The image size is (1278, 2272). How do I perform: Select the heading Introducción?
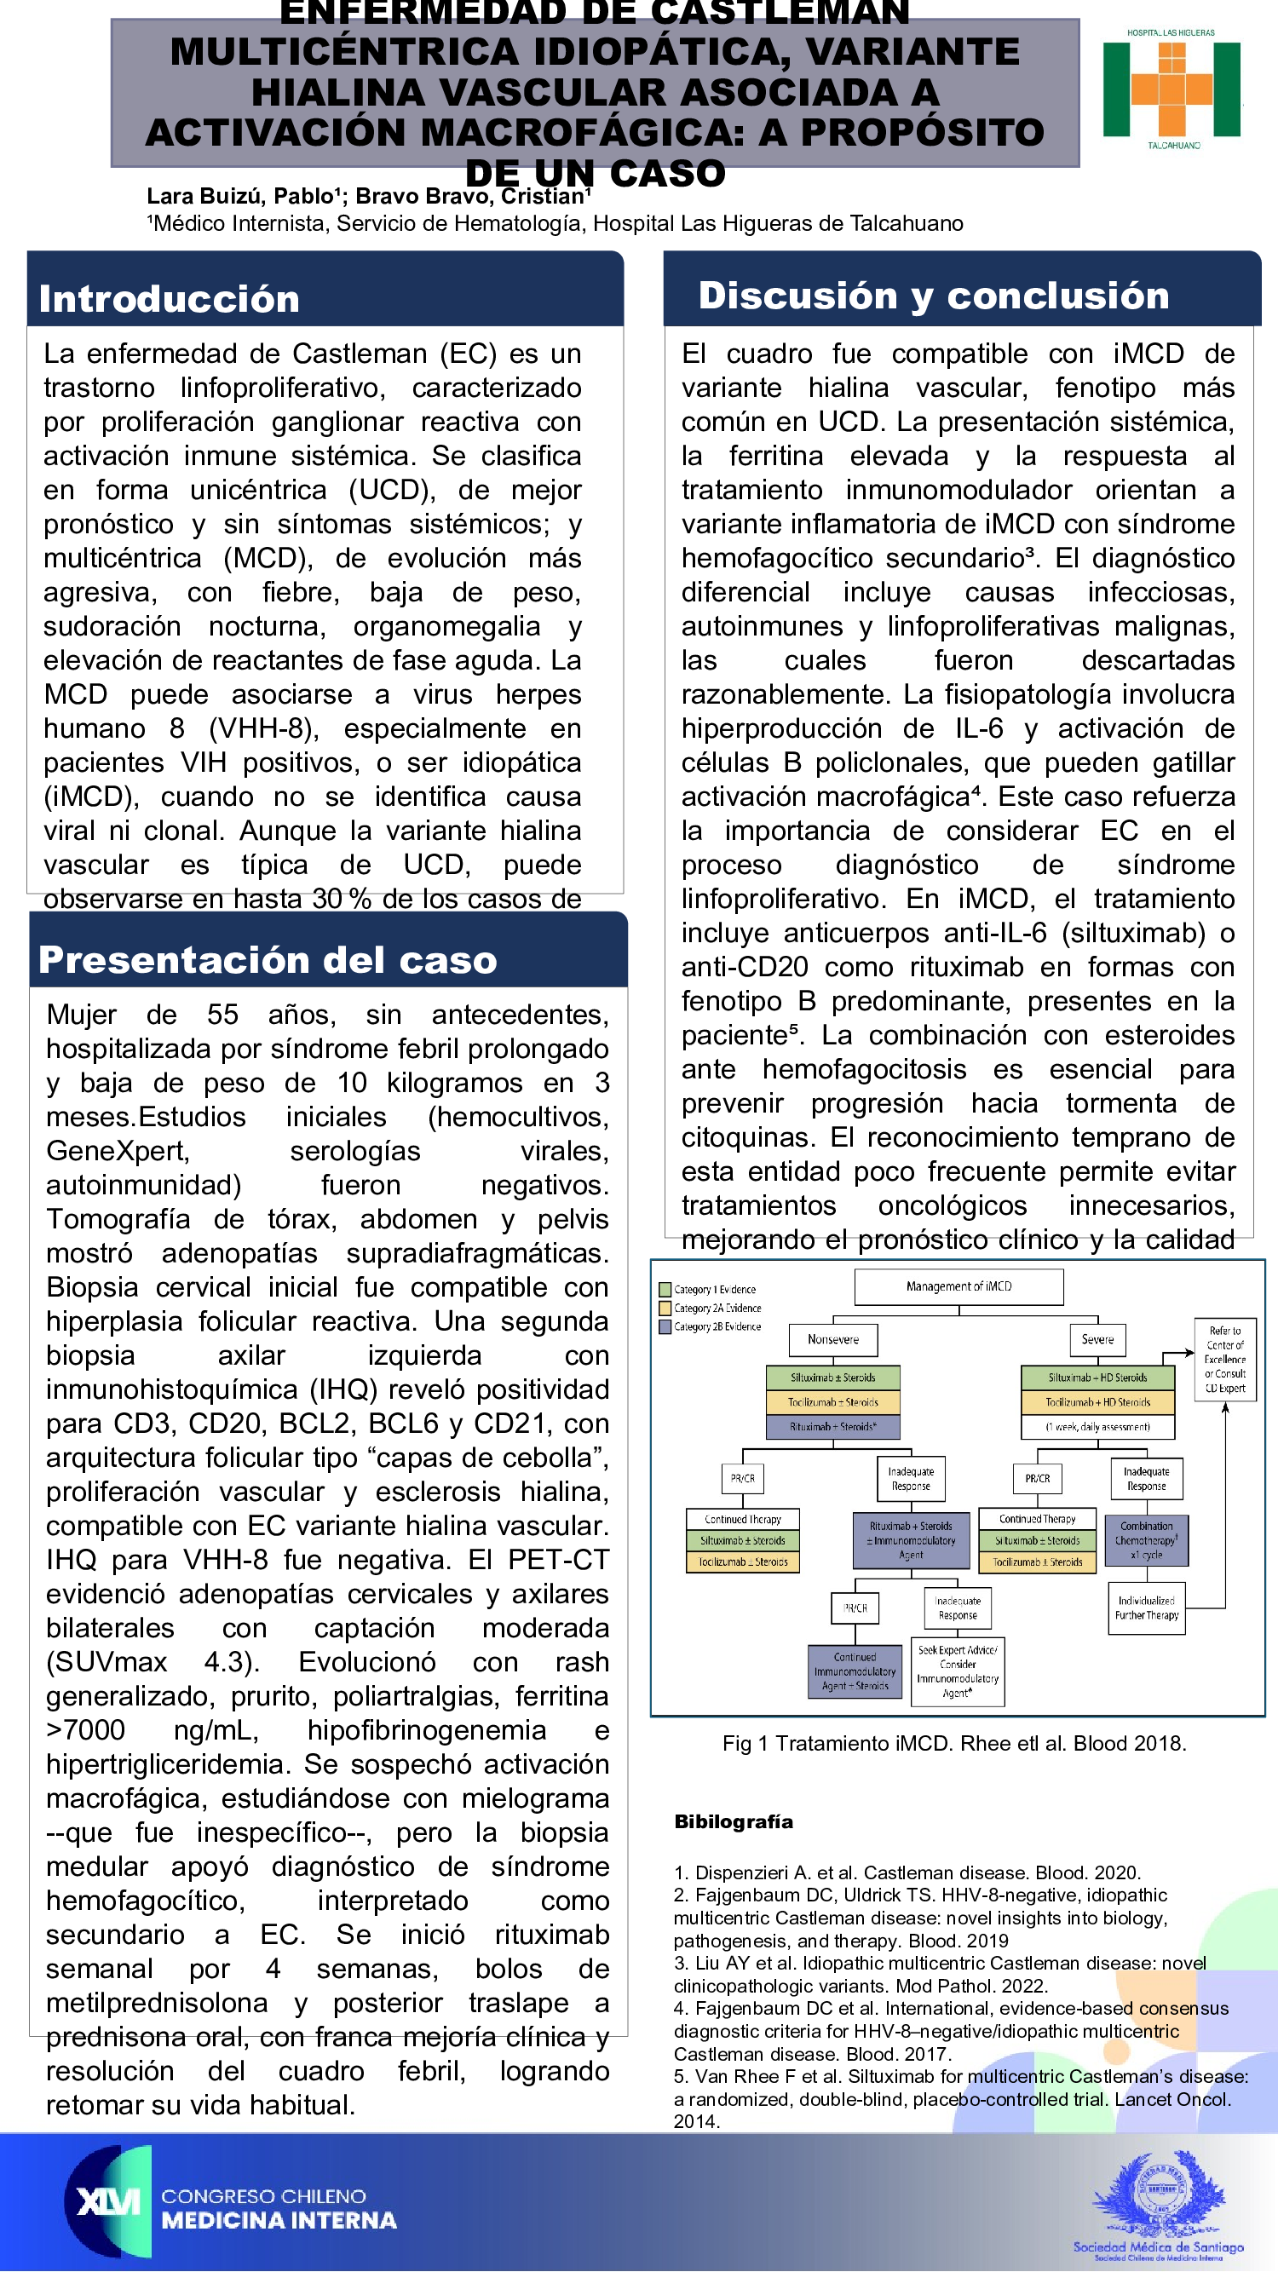click(170, 299)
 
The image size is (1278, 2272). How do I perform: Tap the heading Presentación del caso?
click(268, 959)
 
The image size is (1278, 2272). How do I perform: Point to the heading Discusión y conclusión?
click(933, 296)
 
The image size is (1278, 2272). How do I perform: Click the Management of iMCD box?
click(958, 1287)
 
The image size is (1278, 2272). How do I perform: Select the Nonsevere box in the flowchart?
click(832, 1340)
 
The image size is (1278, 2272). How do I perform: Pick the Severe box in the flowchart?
click(1097, 1340)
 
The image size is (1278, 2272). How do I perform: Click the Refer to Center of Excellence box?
click(1225, 1359)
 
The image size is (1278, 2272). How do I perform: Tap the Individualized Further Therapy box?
click(1146, 1608)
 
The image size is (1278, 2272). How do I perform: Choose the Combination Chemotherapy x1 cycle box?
click(1147, 1540)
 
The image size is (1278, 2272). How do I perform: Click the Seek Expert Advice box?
click(957, 1671)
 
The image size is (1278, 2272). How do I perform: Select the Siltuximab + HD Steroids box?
click(1097, 1378)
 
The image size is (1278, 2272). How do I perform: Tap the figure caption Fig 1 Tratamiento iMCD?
click(953, 1744)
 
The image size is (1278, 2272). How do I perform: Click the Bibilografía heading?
click(733, 1821)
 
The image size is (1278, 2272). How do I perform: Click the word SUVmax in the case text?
click(107, 1663)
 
